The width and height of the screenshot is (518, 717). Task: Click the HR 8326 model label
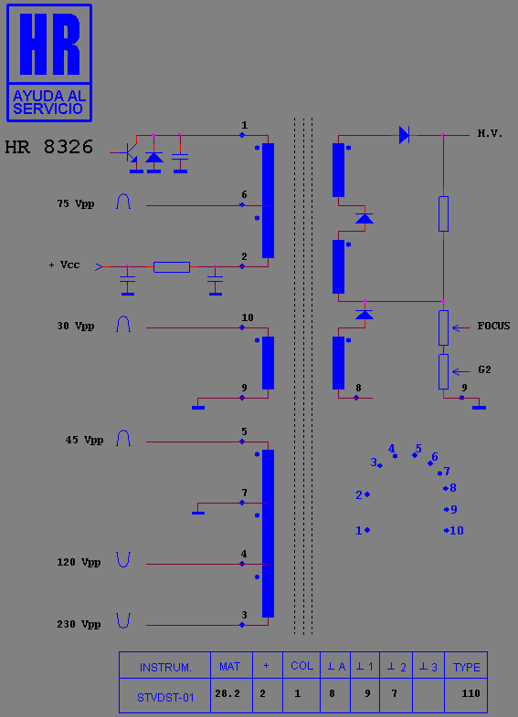(x=49, y=147)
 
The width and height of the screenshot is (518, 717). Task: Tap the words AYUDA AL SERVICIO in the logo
(x=49, y=102)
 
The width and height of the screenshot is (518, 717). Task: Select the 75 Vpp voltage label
(x=76, y=204)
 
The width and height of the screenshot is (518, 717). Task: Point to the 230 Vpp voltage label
(x=79, y=625)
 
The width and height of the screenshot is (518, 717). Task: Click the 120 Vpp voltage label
(x=79, y=563)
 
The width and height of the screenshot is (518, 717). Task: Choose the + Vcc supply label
(x=64, y=265)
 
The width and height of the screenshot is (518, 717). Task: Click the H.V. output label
(x=490, y=133)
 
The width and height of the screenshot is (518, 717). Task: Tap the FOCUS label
(x=493, y=326)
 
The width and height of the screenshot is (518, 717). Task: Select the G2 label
(x=484, y=369)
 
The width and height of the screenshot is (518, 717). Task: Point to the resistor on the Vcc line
(x=172, y=267)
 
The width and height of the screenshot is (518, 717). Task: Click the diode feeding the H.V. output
(x=404, y=135)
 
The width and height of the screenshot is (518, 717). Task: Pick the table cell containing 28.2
(x=227, y=693)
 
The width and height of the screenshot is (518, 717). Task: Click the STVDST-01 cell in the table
(x=165, y=698)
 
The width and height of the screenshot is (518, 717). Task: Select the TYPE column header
(x=466, y=667)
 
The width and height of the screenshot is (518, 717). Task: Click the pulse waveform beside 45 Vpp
(x=123, y=438)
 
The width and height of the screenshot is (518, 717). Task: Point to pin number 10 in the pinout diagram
(x=457, y=530)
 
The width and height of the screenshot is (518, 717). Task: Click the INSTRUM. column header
(x=165, y=667)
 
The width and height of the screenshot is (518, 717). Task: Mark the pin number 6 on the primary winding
(x=244, y=195)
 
